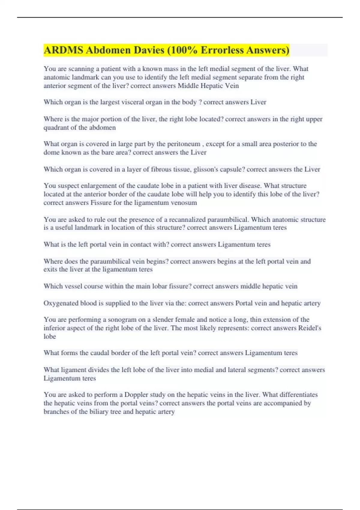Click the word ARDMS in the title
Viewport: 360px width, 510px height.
63,50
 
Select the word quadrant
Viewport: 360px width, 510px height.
55,127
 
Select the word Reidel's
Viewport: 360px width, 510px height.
310,328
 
